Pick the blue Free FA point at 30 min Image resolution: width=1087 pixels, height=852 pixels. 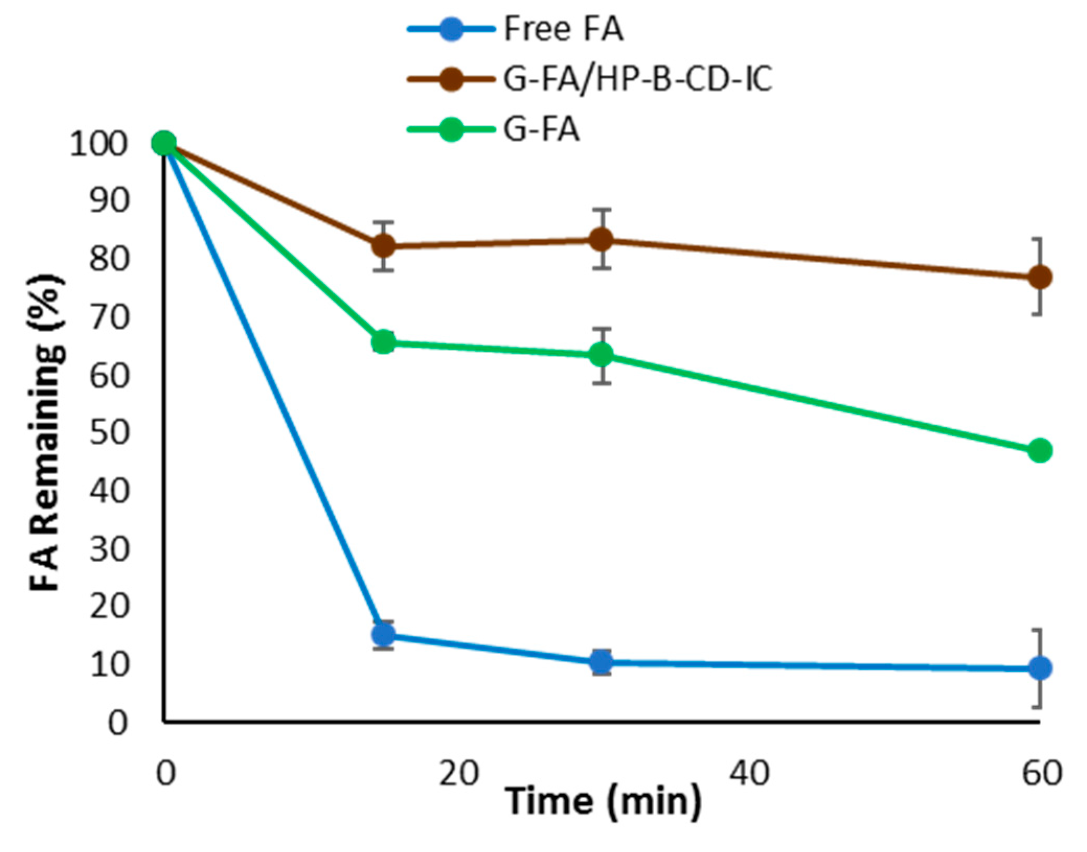pos(602,662)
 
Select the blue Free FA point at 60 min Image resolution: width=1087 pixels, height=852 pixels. pos(1039,668)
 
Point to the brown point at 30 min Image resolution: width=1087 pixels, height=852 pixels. pos(602,239)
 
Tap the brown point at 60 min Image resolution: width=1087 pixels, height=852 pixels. pos(1039,277)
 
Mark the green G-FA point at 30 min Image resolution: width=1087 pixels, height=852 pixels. pos(602,355)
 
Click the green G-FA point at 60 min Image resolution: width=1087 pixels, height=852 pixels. pos(1039,450)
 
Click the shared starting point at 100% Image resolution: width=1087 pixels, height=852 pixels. pos(164,143)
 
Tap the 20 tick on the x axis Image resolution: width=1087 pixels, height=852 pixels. pos(459,773)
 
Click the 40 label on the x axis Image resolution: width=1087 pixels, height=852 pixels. pos(749,773)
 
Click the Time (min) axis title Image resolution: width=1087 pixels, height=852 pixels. pos(602,801)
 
